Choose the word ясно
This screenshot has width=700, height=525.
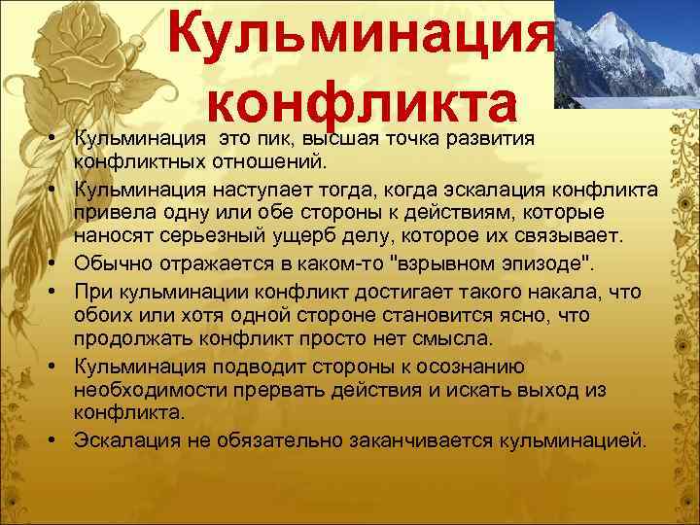click(x=557, y=314)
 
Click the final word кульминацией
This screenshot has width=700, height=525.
click(x=570, y=440)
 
